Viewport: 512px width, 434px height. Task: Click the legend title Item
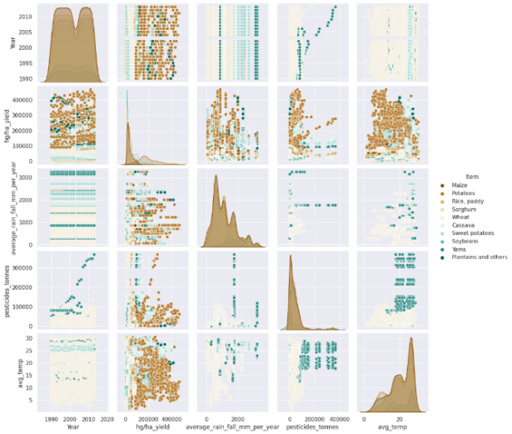point(472,177)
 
